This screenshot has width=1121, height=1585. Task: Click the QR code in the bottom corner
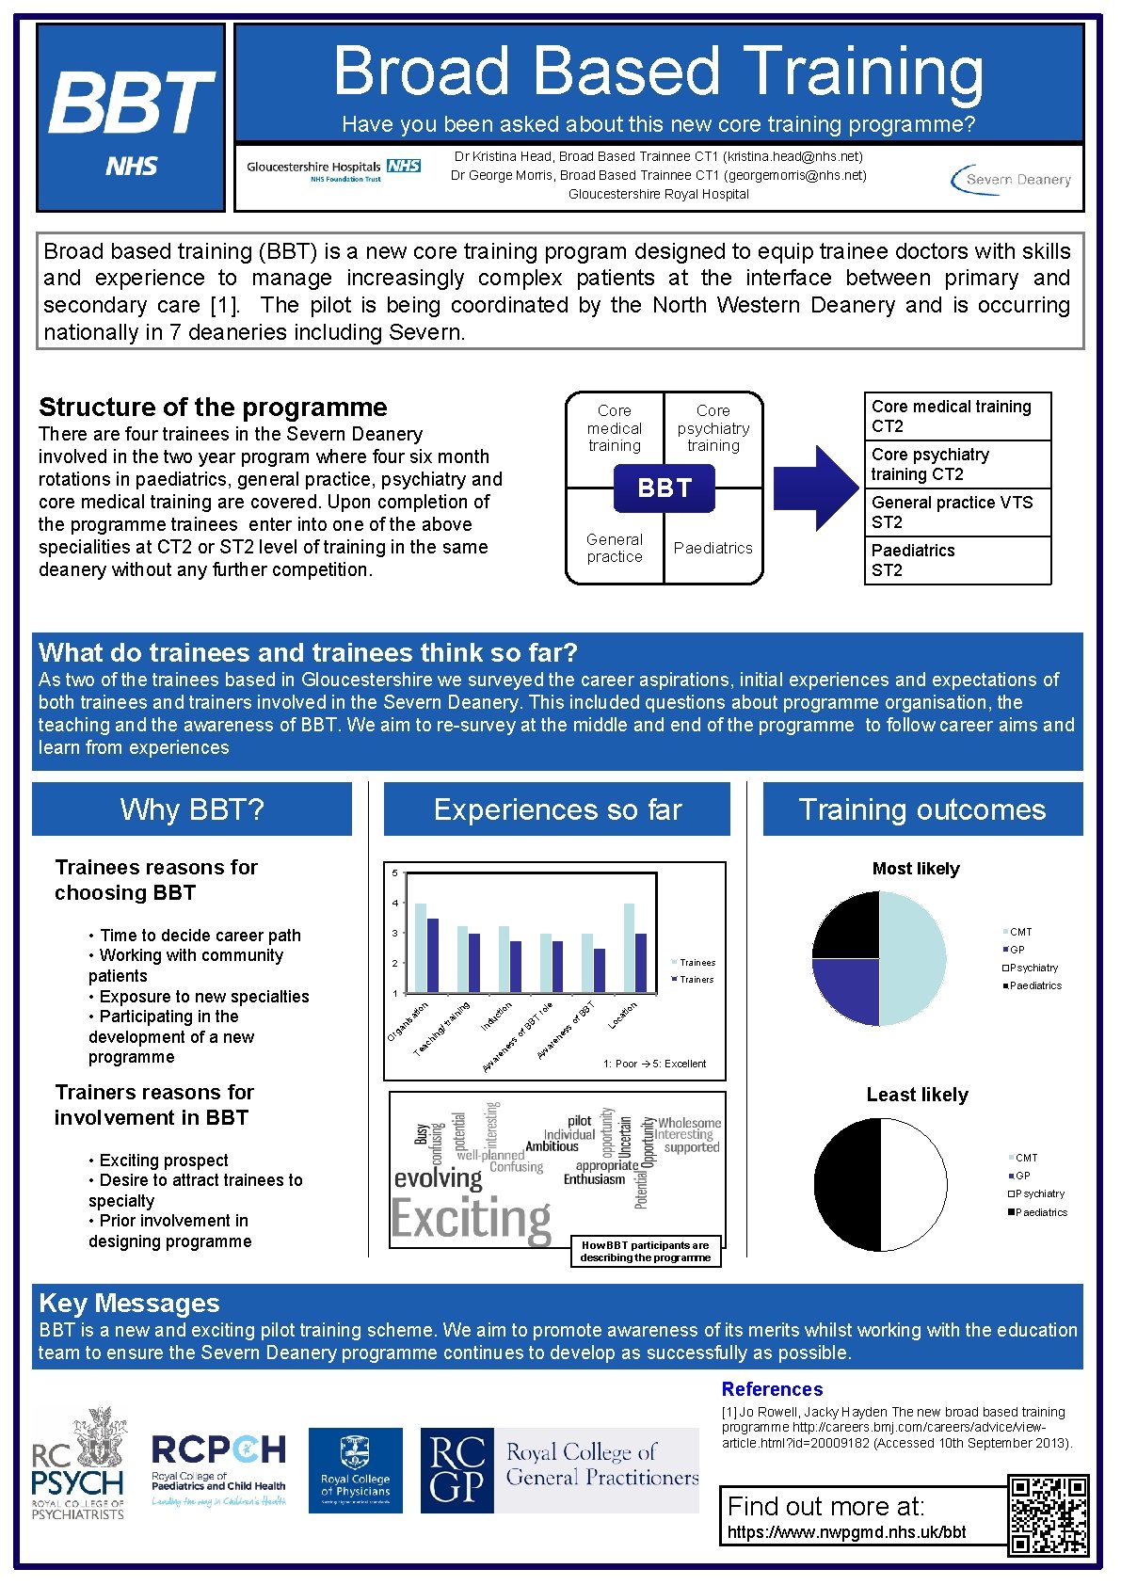[x=1048, y=1515]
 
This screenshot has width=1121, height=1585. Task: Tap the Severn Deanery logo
[x=1011, y=179]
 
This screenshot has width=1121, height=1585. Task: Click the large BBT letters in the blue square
[x=131, y=103]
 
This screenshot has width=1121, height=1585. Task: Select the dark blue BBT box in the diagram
[x=665, y=488]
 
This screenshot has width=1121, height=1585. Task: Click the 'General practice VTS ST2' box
[x=956, y=512]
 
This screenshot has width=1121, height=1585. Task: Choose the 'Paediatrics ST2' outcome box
[x=956, y=560]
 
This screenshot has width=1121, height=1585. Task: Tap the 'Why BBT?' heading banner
[x=192, y=809]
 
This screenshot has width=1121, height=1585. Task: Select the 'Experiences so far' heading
[x=557, y=809]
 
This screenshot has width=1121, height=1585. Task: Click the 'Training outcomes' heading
[x=922, y=809]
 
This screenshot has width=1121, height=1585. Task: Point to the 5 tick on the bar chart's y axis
[x=394, y=873]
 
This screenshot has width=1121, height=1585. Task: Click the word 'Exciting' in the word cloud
[x=471, y=1220]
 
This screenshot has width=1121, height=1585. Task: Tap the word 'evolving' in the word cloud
[x=438, y=1177]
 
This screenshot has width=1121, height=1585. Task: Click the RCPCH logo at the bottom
[x=218, y=1469]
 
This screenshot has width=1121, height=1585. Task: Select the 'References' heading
[x=772, y=1389]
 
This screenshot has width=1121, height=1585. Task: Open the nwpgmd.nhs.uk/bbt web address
[x=846, y=1532]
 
